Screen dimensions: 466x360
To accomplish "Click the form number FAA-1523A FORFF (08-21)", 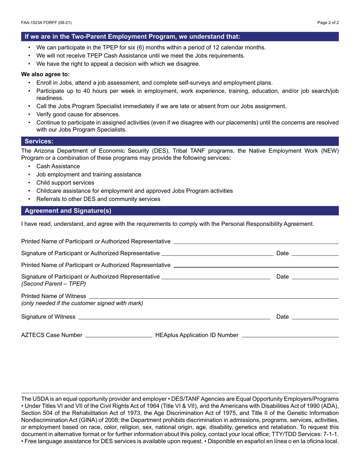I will [46, 23].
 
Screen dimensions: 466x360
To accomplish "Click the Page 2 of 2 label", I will [328, 23].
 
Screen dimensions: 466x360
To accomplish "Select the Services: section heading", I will [39, 141].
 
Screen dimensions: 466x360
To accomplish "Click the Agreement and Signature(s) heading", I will [68, 211].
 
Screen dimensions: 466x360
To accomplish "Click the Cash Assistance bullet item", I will [58, 166].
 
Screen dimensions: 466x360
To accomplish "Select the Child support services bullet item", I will [65, 183].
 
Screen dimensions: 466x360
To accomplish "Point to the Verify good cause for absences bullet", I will [78, 114].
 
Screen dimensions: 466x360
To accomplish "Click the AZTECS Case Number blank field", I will [119, 335].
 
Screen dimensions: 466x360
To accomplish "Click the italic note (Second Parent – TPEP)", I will [53, 283].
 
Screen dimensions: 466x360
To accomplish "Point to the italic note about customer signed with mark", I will [82, 303].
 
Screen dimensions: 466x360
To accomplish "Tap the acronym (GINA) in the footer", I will [86, 420].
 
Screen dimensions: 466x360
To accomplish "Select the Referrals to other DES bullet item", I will [98, 199].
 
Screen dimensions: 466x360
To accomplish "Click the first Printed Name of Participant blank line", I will [256, 242].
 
